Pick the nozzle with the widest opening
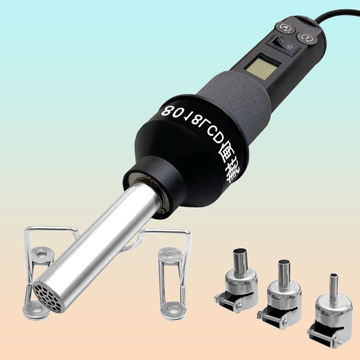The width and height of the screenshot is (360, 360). [x=239, y=276]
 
